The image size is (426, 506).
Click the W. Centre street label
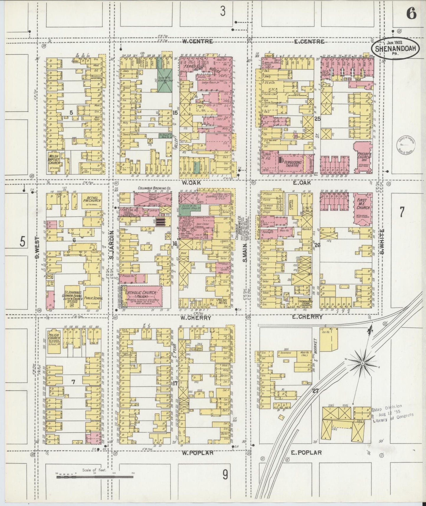point(197,42)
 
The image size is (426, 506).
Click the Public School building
point(93,298)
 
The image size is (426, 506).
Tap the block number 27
point(315,391)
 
